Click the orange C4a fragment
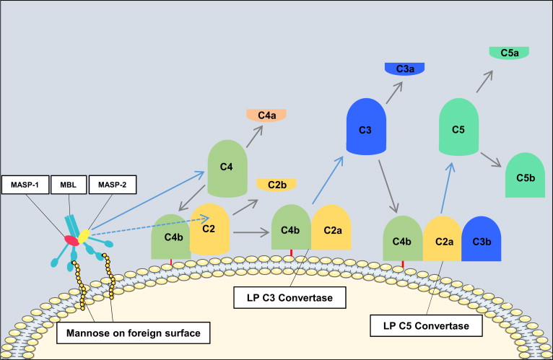(266, 115)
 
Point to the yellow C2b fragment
(276, 184)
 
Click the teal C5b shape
(525, 177)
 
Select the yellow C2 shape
(210, 229)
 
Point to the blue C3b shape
(482, 238)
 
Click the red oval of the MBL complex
(72, 239)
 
